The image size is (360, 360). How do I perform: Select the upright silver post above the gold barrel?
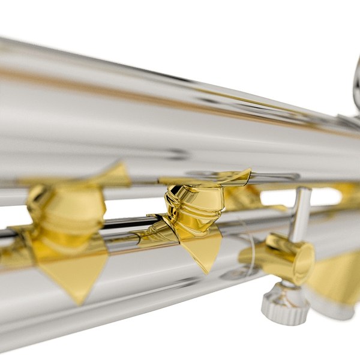click(301, 213)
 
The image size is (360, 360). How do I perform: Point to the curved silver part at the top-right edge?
click(356, 84)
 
